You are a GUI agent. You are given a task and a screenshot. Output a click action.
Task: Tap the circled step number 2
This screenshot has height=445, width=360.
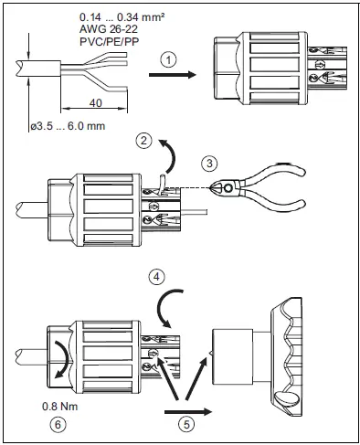(143, 140)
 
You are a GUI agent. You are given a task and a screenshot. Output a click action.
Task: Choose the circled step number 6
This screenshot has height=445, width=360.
(57, 423)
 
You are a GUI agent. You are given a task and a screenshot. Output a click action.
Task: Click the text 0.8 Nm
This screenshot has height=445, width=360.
(58, 406)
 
